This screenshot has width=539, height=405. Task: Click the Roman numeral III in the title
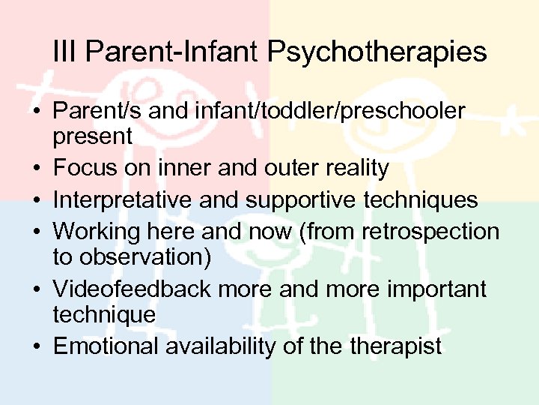click(65, 52)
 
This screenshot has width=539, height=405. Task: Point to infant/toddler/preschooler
click(328, 112)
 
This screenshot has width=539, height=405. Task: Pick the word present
click(92, 137)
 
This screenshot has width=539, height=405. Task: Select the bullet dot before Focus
click(36, 169)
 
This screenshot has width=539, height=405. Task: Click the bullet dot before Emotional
click(36, 346)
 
